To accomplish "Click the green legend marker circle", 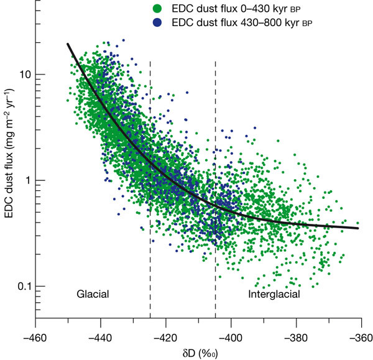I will [157, 9].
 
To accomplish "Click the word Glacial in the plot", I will [93, 293].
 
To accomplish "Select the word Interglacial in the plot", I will [274, 293].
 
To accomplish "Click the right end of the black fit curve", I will [358, 228].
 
